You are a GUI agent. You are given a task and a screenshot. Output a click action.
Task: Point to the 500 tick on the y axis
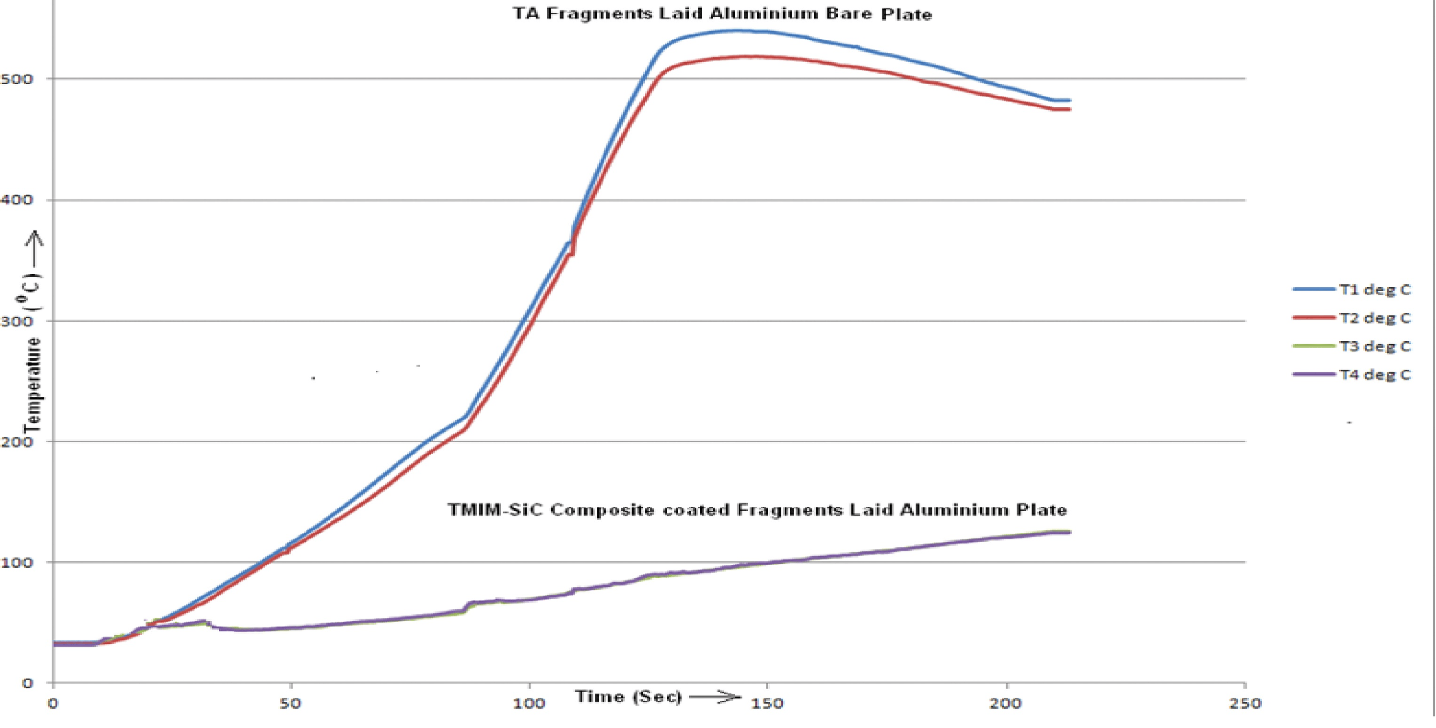click(x=17, y=78)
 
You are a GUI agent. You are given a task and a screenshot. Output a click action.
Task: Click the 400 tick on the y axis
click(x=17, y=200)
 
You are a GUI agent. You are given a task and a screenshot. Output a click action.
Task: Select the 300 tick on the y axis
click(x=17, y=321)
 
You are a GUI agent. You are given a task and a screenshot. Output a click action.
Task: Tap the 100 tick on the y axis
click(x=17, y=562)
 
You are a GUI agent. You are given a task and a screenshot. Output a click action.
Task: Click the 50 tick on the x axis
click(x=291, y=704)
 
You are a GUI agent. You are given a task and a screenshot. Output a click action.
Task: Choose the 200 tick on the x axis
click(x=1006, y=704)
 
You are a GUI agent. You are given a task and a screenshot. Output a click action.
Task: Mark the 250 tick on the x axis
click(x=1245, y=704)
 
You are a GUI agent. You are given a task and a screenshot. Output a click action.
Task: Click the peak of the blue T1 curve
click(x=736, y=31)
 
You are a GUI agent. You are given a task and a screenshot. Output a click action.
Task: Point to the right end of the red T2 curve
click(x=1069, y=109)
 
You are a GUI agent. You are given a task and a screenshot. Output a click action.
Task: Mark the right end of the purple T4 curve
click(x=1069, y=533)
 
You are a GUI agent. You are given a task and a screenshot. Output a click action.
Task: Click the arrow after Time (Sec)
click(x=715, y=697)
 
